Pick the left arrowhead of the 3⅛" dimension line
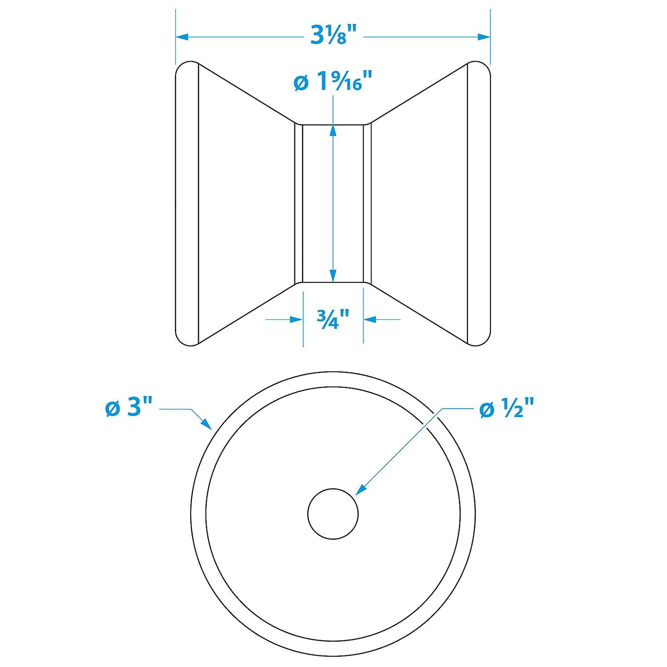[182, 36]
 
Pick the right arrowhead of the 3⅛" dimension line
[484, 36]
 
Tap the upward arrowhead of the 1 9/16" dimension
[333, 131]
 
